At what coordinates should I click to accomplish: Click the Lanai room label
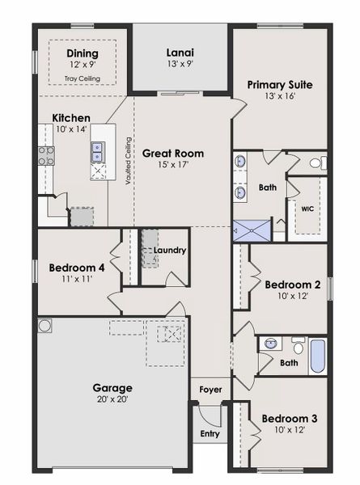click(180, 53)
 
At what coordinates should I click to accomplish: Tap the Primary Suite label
click(280, 84)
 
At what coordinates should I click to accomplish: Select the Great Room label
click(173, 153)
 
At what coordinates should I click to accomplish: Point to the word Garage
click(112, 387)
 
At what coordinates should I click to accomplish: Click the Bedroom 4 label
click(76, 268)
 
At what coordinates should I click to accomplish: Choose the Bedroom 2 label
click(293, 285)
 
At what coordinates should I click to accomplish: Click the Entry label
click(210, 434)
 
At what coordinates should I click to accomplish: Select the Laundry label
click(170, 251)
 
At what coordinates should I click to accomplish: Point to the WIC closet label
click(307, 209)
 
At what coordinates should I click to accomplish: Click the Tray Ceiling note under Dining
click(82, 78)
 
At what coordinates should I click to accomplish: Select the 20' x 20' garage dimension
click(112, 399)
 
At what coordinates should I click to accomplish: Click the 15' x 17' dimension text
click(173, 165)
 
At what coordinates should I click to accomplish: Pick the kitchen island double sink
click(97, 148)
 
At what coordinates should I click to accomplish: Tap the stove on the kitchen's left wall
click(44, 155)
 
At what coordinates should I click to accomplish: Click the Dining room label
click(82, 54)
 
